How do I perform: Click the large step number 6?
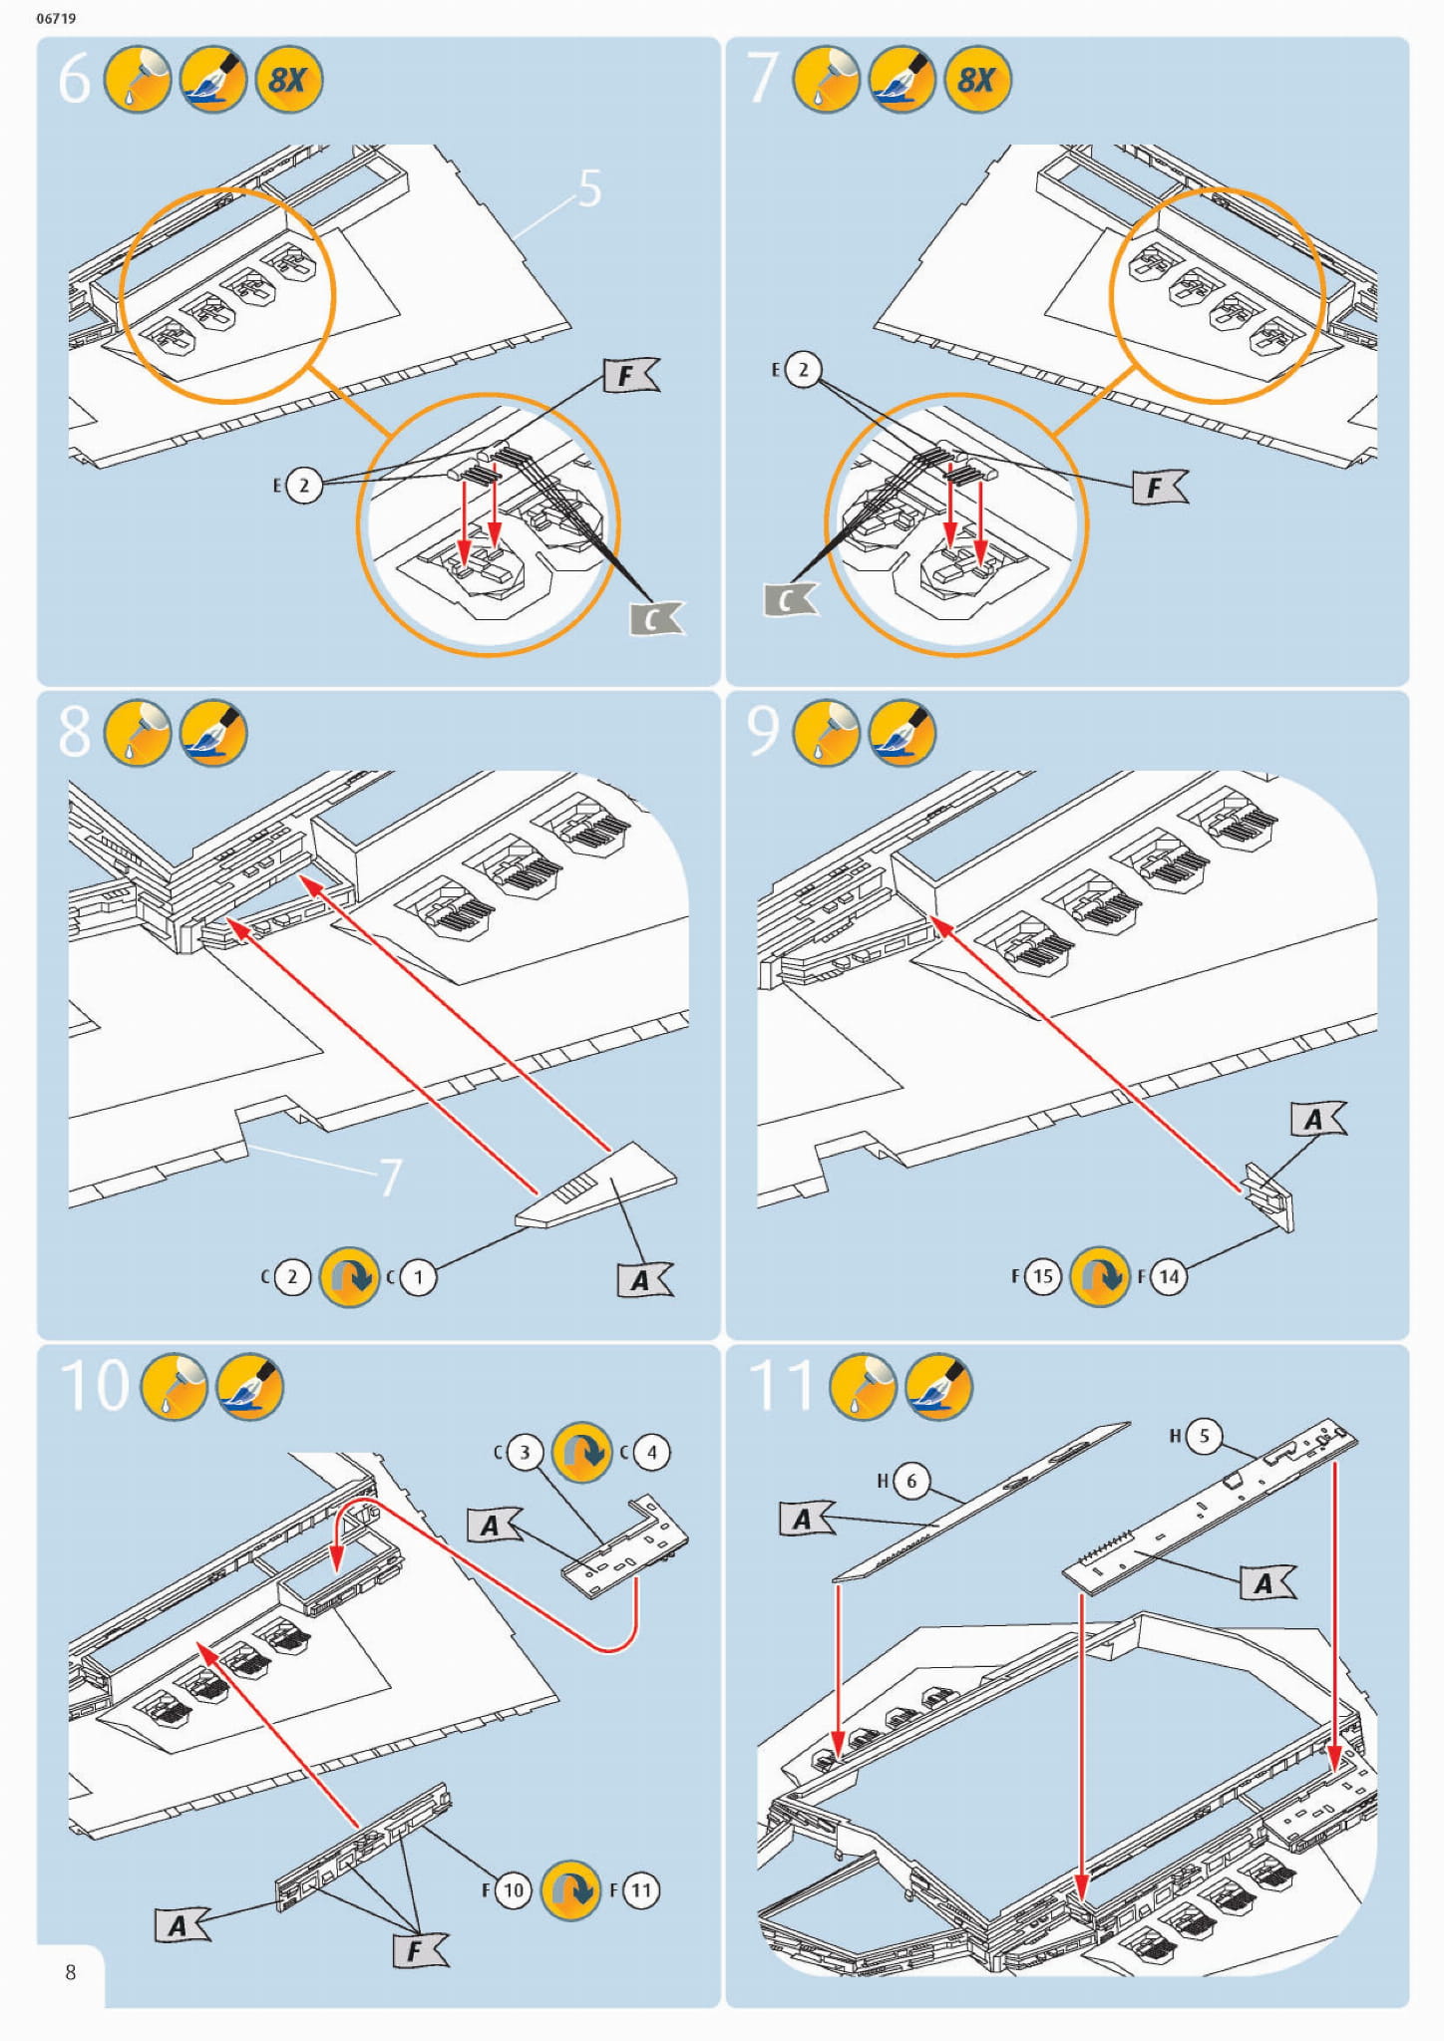tap(75, 80)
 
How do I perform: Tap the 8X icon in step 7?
tap(977, 80)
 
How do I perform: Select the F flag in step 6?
tap(629, 376)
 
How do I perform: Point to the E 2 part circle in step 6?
tap(304, 486)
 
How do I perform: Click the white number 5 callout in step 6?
tap(589, 188)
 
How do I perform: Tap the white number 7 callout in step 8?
tap(390, 1178)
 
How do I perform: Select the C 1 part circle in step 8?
tap(418, 1277)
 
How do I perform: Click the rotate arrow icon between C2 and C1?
tap(349, 1277)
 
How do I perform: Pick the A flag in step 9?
tap(1316, 1120)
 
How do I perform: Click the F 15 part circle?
tap(1042, 1276)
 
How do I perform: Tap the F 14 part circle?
tap(1169, 1276)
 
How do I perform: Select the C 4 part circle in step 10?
tap(651, 1452)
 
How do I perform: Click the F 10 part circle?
tap(513, 1890)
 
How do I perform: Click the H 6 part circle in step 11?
tap(910, 1481)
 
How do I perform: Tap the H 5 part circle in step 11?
tap(1204, 1436)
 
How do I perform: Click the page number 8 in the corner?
tap(70, 1972)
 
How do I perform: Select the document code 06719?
tap(56, 18)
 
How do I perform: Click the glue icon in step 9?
tap(826, 733)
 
